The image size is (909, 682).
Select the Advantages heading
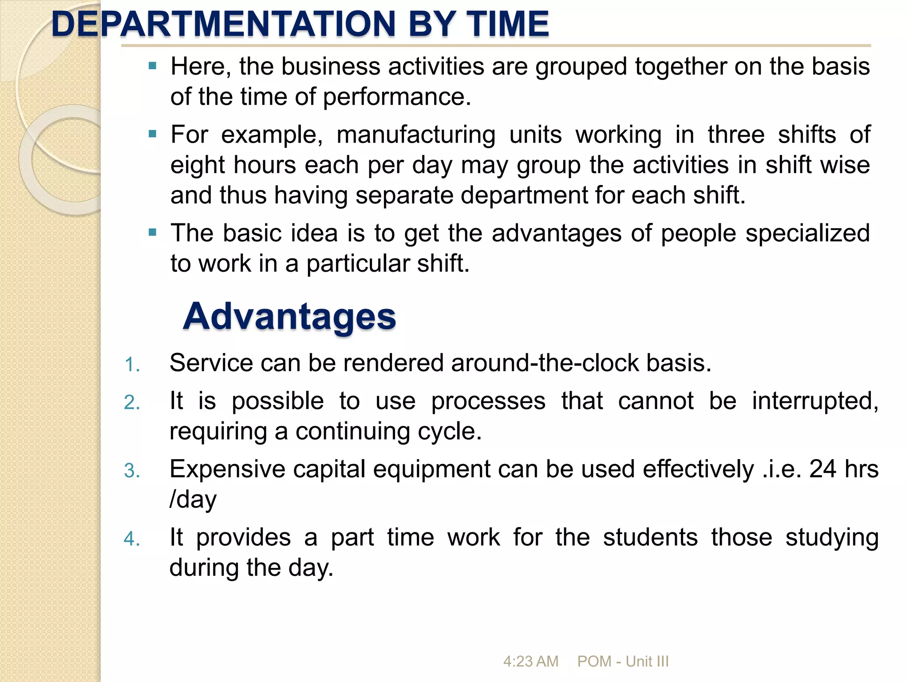[289, 317]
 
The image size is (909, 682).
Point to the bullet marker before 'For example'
[153, 134]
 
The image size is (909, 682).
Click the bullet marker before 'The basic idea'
[153, 232]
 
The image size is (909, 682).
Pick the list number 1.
[132, 365]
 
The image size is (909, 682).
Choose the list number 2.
[132, 403]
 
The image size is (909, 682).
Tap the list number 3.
[132, 471]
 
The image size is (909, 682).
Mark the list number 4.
[132, 539]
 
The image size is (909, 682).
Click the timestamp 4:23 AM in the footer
[531, 662]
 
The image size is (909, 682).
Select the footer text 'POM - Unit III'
[623, 662]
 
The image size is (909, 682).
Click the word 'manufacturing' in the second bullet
[416, 135]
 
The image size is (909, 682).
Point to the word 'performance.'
[397, 97]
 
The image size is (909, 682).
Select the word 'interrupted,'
[815, 401]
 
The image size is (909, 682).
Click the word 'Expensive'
[227, 469]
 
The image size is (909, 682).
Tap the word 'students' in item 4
[650, 538]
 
